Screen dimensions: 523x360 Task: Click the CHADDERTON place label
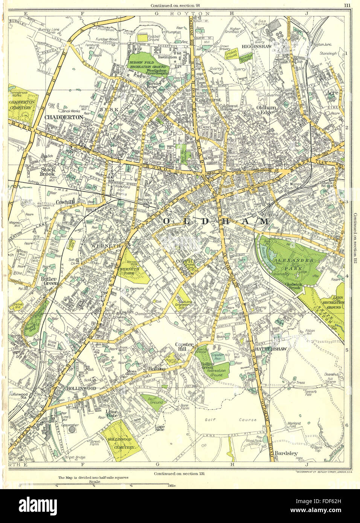[64, 117]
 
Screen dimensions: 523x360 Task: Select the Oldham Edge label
[266, 109]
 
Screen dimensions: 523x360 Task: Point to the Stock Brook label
[48, 172]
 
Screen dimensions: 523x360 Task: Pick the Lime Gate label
[112, 414]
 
